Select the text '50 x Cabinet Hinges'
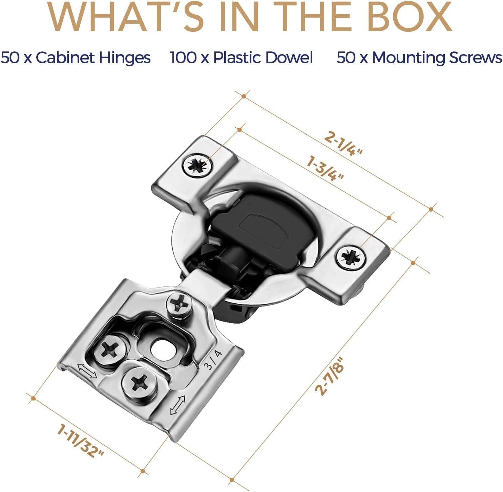pos(76,58)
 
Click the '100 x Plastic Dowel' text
pos(242,58)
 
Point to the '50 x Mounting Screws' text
pos(419,58)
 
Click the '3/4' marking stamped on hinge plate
pos(213,360)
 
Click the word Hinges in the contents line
pos(125,58)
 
